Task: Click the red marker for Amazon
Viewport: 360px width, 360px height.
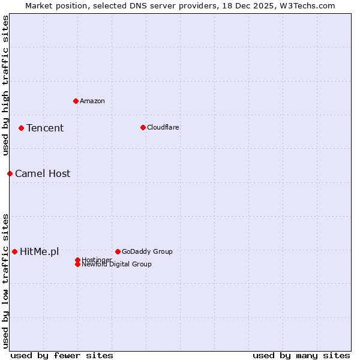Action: (76, 101)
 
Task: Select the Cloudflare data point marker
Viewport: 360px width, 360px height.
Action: (143, 127)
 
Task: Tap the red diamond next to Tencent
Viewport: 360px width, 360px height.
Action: (21, 128)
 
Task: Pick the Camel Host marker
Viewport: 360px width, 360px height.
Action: (10, 173)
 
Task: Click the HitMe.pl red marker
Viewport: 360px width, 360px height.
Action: (14, 251)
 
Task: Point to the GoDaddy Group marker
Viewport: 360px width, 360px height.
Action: (118, 251)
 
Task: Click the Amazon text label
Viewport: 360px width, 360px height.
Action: (92, 101)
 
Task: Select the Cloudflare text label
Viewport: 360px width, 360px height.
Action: (163, 127)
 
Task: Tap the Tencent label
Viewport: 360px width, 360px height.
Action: (45, 128)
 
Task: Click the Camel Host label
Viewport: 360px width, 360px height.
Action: (43, 174)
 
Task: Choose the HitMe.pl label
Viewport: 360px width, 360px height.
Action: (40, 252)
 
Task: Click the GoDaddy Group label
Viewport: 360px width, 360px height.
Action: (147, 251)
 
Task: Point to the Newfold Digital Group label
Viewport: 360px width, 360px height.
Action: (117, 264)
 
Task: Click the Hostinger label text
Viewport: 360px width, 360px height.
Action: (97, 260)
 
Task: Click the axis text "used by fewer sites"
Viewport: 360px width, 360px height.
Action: (62, 355)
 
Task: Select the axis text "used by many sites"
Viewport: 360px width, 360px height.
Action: (301, 355)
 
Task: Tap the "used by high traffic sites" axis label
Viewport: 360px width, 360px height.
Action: (6, 85)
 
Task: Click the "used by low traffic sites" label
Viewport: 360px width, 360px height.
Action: (6, 280)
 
